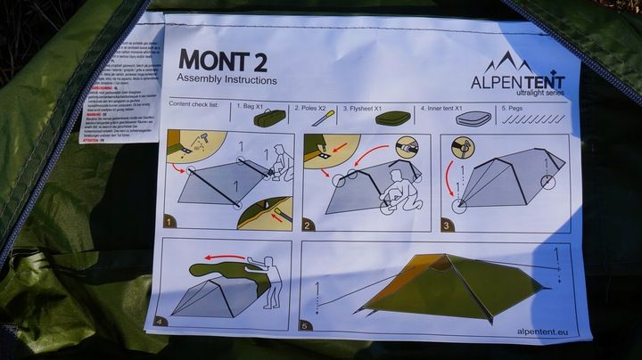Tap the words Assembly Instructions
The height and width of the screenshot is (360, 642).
[226, 80]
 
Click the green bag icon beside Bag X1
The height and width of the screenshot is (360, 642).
[269, 118]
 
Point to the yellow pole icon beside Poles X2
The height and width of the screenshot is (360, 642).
[323, 117]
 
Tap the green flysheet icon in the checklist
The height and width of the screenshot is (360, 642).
[392, 118]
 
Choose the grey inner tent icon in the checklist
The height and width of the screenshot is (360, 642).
[472, 118]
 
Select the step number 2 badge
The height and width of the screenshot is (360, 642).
[308, 225]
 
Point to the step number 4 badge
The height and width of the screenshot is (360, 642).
[160, 321]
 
